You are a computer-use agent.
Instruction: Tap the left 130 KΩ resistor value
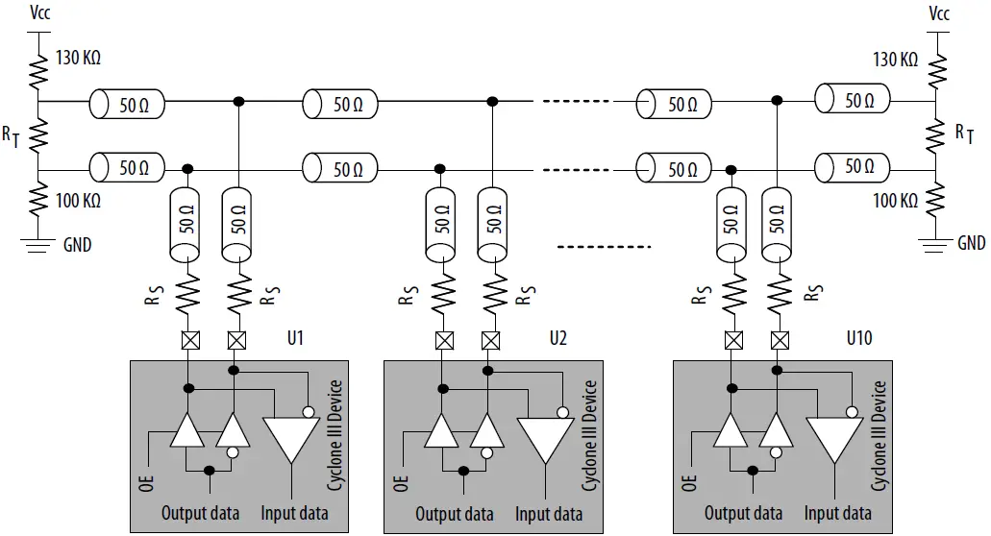pyautogui.click(x=78, y=58)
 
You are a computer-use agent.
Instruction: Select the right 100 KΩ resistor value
pyautogui.click(x=895, y=201)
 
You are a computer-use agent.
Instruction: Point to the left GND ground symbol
pyautogui.click(x=38, y=244)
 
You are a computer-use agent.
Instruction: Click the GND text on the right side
pyautogui.click(x=971, y=243)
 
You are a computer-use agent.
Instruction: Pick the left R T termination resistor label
pyautogui.click(x=11, y=137)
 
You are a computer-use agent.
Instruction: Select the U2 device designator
pyautogui.click(x=557, y=338)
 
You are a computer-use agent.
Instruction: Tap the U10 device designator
pyautogui.click(x=860, y=338)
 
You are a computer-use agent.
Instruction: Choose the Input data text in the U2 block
pyautogui.click(x=548, y=514)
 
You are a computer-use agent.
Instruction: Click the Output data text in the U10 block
pyautogui.click(x=743, y=514)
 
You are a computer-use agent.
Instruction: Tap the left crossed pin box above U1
pyautogui.click(x=188, y=339)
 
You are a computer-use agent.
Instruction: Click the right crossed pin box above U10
pyautogui.click(x=780, y=339)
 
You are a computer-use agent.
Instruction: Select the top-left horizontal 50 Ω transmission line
pyautogui.click(x=127, y=103)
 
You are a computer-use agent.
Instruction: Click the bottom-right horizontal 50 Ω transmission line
pyautogui.click(x=852, y=167)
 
